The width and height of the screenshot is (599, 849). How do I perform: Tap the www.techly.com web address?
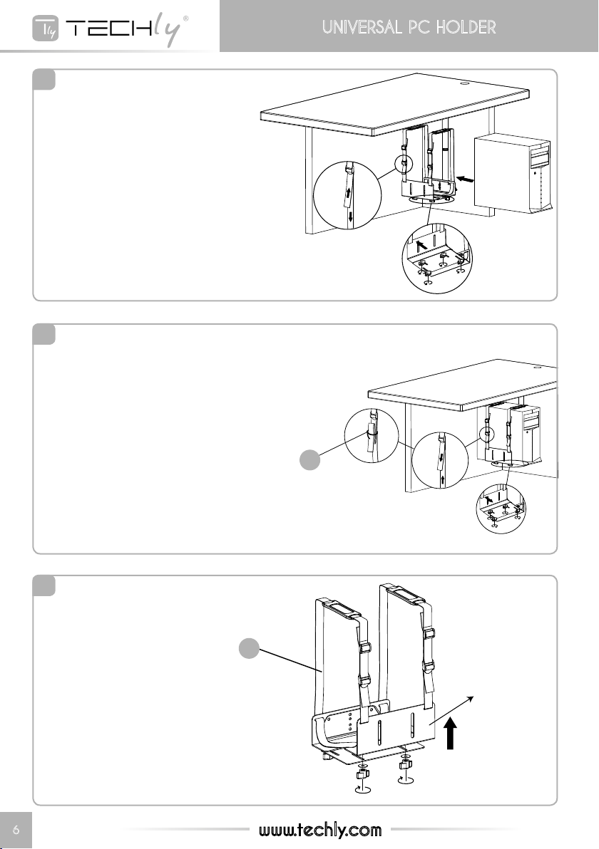320,830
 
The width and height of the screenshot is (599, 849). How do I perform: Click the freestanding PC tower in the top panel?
513,173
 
